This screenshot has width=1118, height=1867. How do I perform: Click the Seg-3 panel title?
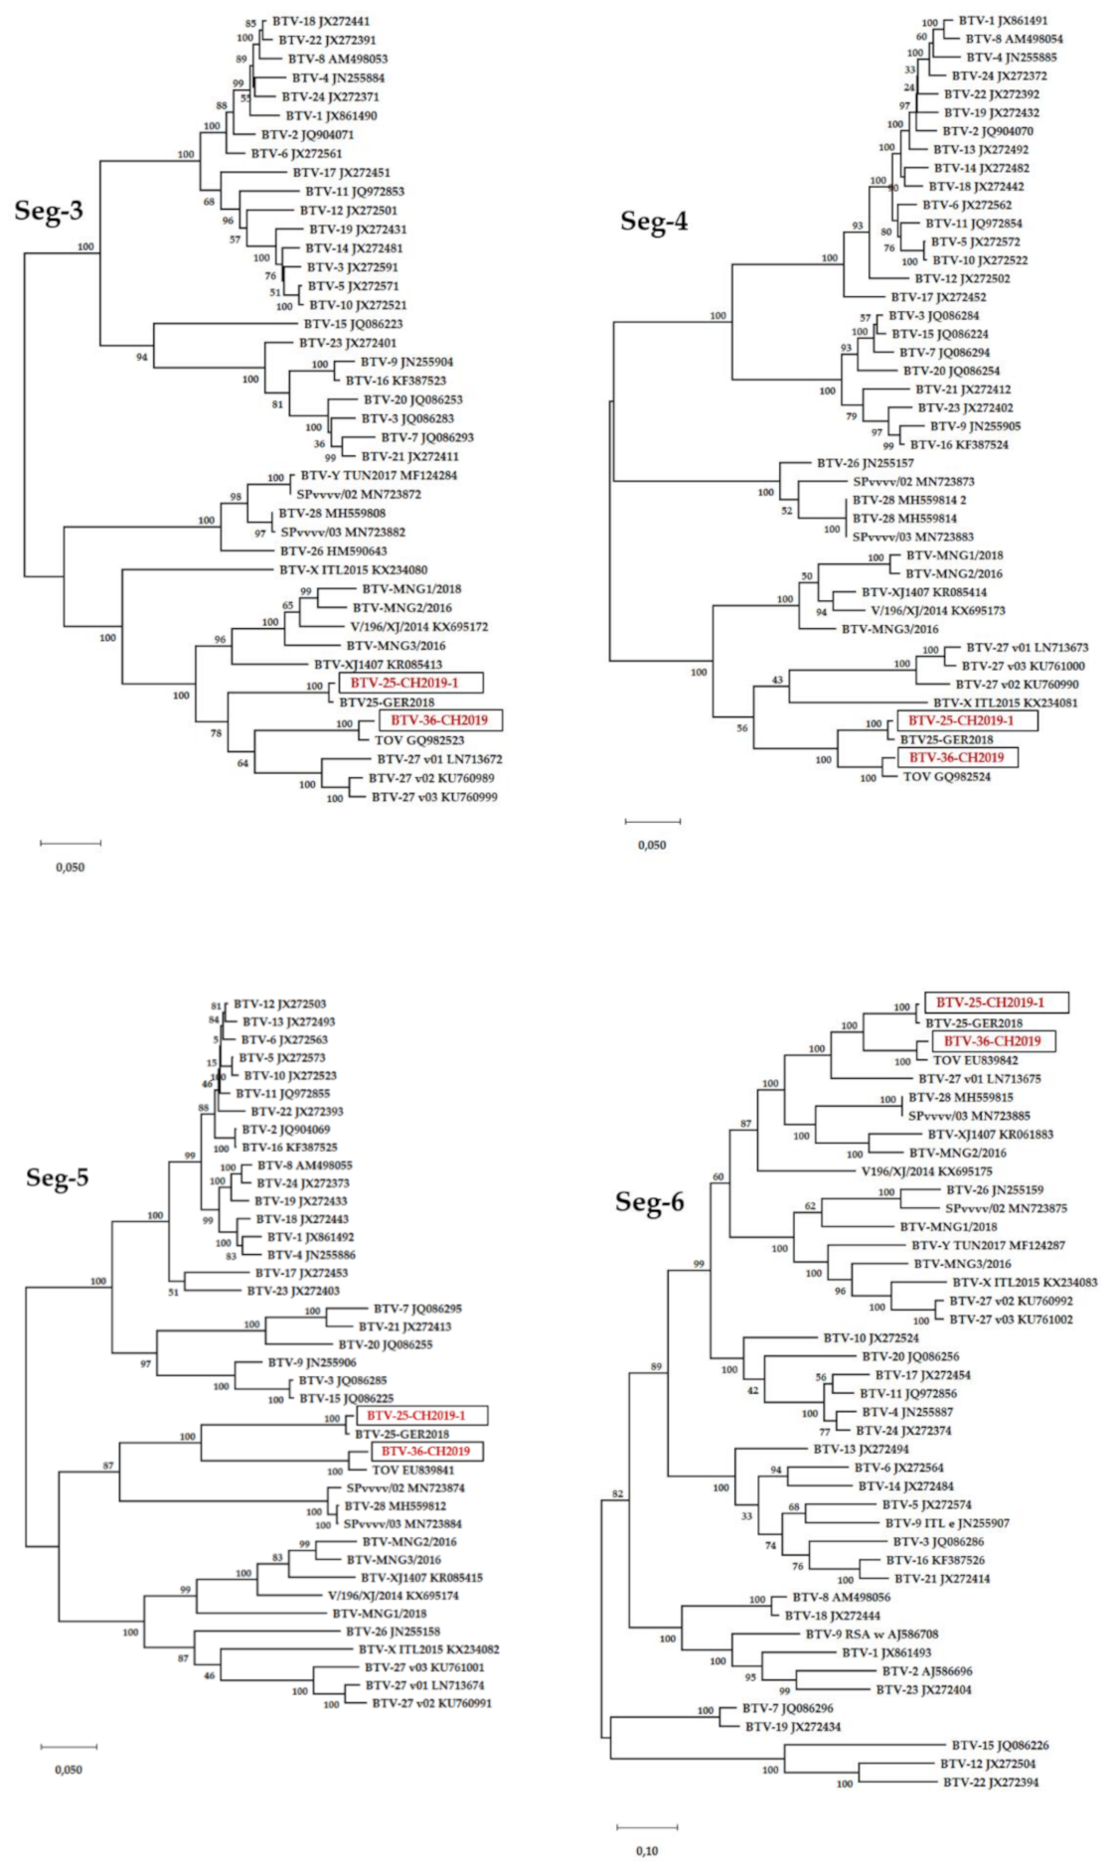pyautogui.click(x=48, y=211)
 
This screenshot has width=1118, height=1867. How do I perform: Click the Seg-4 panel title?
pyautogui.click(x=654, y=221)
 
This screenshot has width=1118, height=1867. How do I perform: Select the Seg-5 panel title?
pyautogui.click(x=57, y=1178)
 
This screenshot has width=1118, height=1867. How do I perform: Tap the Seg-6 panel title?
pyautogui.click(x=649, y=1201)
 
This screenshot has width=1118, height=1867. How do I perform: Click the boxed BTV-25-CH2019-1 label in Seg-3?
pyautogui.click(x=410, y=683)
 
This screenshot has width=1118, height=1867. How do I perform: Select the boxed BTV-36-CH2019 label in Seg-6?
pyautogui.click(x=992, y=1041)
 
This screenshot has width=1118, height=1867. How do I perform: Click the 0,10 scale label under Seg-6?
pyautogui.click(x=646, y=1850)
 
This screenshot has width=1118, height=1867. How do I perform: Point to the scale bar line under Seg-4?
pyautogui.click(x=652, y=822)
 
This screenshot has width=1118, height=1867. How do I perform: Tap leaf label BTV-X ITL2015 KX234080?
pyautogui.click(x=354, y=570)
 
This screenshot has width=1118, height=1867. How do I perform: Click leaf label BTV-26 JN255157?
pyautogui.click(x=865, y=463)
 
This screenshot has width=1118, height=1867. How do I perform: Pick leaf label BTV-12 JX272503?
pyautogui.click(x=280, y=1005)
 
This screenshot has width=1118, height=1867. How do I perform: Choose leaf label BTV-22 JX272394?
pyautogui.click(x=990, y=1783)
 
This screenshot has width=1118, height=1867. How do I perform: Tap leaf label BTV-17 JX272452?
pyautogui.click(x=937, y=297)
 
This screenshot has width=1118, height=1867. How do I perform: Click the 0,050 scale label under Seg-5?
pyautogui.click(x=68, y=1769)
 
